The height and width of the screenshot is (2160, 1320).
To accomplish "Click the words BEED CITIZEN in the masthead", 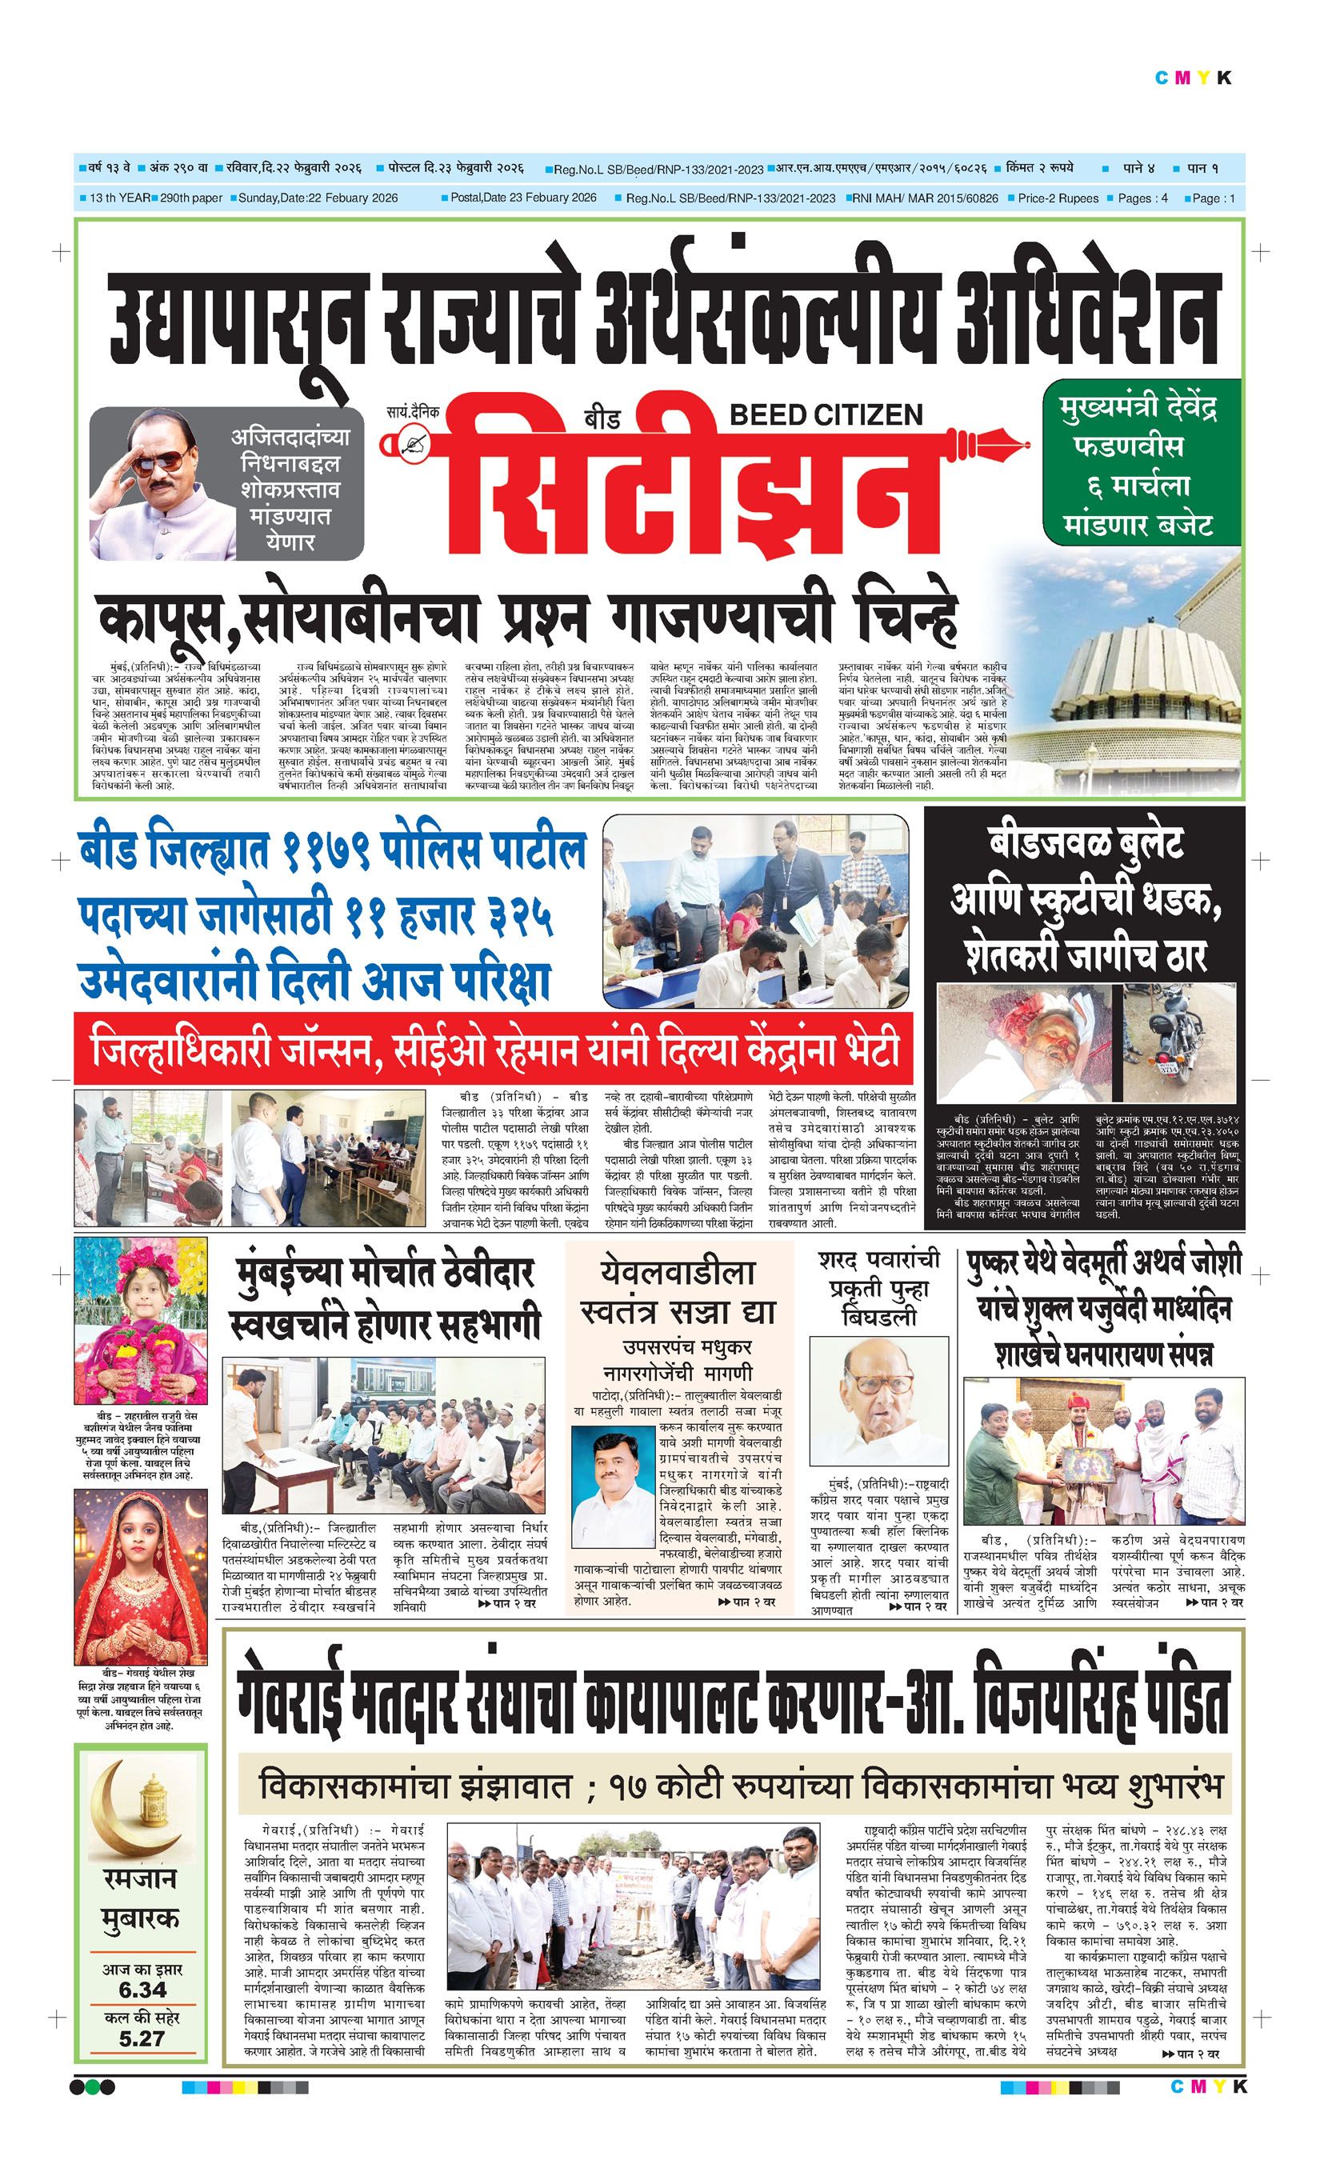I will click(826, 414).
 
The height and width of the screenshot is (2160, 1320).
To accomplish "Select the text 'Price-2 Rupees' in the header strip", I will click(1058, 198).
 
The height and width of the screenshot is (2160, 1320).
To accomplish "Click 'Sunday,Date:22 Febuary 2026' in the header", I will click(318, 198).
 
